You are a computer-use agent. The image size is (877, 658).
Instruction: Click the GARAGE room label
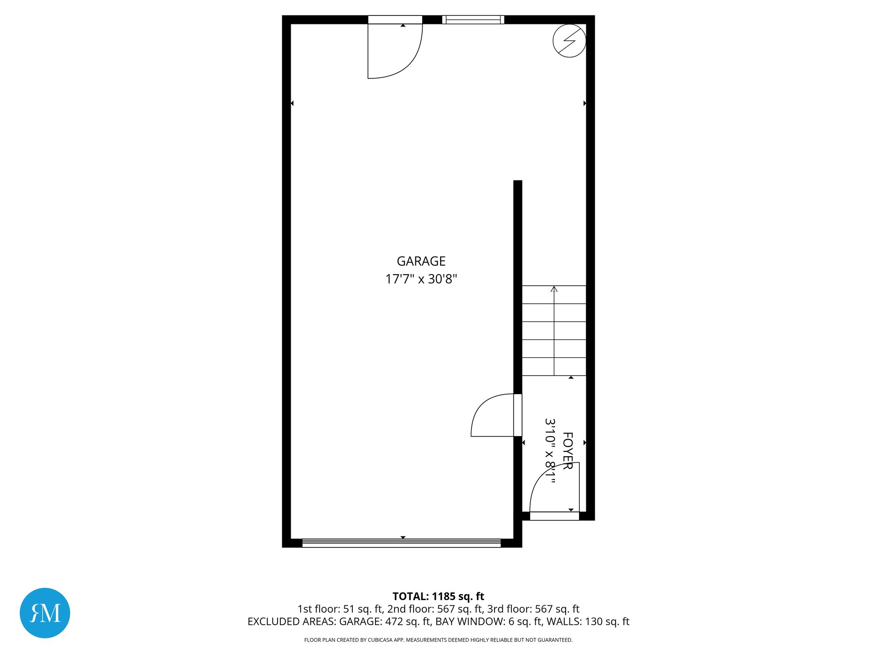[x=421, y=261]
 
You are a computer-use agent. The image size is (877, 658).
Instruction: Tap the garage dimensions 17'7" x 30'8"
[x=421, y=279]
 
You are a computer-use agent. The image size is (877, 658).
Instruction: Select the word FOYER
[x=567, y=451]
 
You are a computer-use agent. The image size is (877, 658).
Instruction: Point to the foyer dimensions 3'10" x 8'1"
[x=550, y=451]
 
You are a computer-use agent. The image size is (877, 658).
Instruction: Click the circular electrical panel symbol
[x=569, y=41]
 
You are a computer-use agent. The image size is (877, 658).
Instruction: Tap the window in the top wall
[x=473, y=20]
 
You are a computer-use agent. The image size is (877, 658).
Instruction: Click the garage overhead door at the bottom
[x=401, y=543]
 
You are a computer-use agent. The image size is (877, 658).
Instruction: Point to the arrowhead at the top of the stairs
[x=554, y=289]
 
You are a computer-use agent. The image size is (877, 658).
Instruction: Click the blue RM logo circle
[x=45, y=613]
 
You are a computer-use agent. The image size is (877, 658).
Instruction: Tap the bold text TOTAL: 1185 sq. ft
[x=438, y=596]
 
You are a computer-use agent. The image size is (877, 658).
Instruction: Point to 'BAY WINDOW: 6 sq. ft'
[x=489, y=622]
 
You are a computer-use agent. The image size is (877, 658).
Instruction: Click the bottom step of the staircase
[x=554, y=367]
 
